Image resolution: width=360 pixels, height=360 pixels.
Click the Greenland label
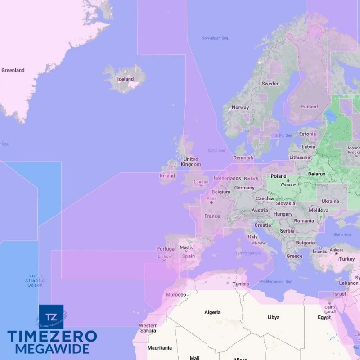[x=13, y=70]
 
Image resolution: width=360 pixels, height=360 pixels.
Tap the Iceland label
[x=126, y=79]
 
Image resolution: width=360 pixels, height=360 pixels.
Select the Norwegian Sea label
[x=215, y=38]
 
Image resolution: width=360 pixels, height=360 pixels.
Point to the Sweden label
[x=270, y=84]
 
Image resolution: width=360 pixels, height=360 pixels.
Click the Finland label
[x=309, y=107]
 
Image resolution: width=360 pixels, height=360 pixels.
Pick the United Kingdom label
[x=190, y=162]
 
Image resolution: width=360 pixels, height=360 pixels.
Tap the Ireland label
[x=167, y=176]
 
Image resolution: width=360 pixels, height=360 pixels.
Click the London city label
[x=201, y=183]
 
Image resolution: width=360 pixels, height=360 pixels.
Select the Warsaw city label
[x=288, y=184]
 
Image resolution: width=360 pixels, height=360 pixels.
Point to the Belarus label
[x=316, y=174]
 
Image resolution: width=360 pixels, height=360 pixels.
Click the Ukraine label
[x=330, y=201]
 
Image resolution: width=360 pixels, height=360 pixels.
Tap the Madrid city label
[x=187, y=247]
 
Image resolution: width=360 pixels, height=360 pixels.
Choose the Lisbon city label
[x=164, y=256]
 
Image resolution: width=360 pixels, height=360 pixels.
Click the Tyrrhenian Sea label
[x=249, y=253]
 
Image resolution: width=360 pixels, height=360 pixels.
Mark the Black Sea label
[x=342, y=234]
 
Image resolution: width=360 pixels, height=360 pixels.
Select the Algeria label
[x=212, y=312]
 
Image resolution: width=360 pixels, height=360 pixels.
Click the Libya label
[x=273, y=317]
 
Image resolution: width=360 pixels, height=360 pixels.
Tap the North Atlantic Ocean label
[x=35, y=280]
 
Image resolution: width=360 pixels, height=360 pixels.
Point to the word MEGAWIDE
[x=52, y=349]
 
